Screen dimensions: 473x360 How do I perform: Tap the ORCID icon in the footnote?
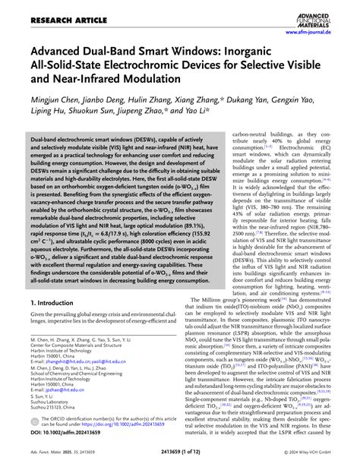click(34, 421)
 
